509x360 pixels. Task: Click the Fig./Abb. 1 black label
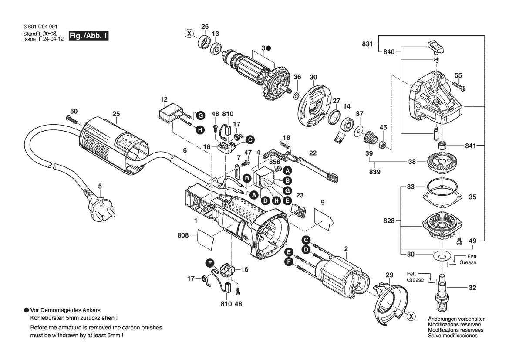pyautogui.click(x=88, y=36)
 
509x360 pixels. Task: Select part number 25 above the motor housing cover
pyautogui.click(x=115, y=114)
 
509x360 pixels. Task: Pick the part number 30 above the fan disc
pyautogui.click(x=313, y=77)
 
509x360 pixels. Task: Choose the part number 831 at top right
pyautogui.click(x=367, y=44)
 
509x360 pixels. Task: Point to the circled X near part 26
pyautogui.click(x=189, y=34)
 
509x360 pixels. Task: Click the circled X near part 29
pyautogui.click(x=410, y=316)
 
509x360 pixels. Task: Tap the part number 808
pyautogui.click(x=183, y=235)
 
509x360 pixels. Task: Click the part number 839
pyautogui.click(x=374, y=172)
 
